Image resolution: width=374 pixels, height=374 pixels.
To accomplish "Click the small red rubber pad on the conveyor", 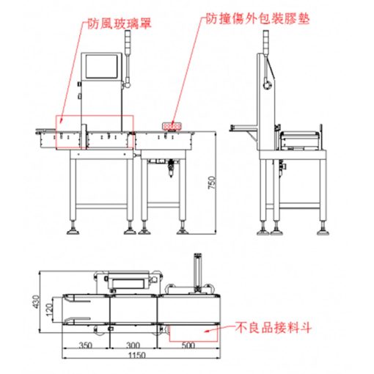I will click(x=174, y=125).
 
